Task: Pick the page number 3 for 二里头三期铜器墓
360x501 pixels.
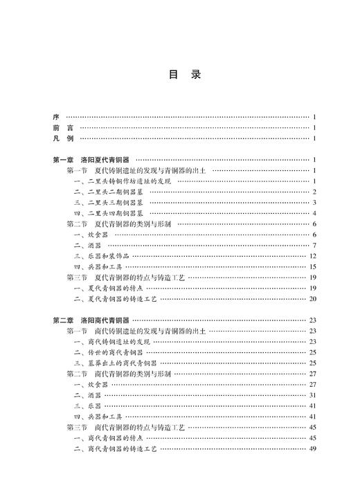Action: pos(314,203)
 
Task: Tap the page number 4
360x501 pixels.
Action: pos(314,213)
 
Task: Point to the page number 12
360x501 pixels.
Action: pos(312,256)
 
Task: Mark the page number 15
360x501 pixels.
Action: pos(312,266)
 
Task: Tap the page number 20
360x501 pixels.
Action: pos(312,299)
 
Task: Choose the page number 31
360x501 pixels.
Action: pos(312,395)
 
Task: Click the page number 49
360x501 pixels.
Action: pos(312,448)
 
